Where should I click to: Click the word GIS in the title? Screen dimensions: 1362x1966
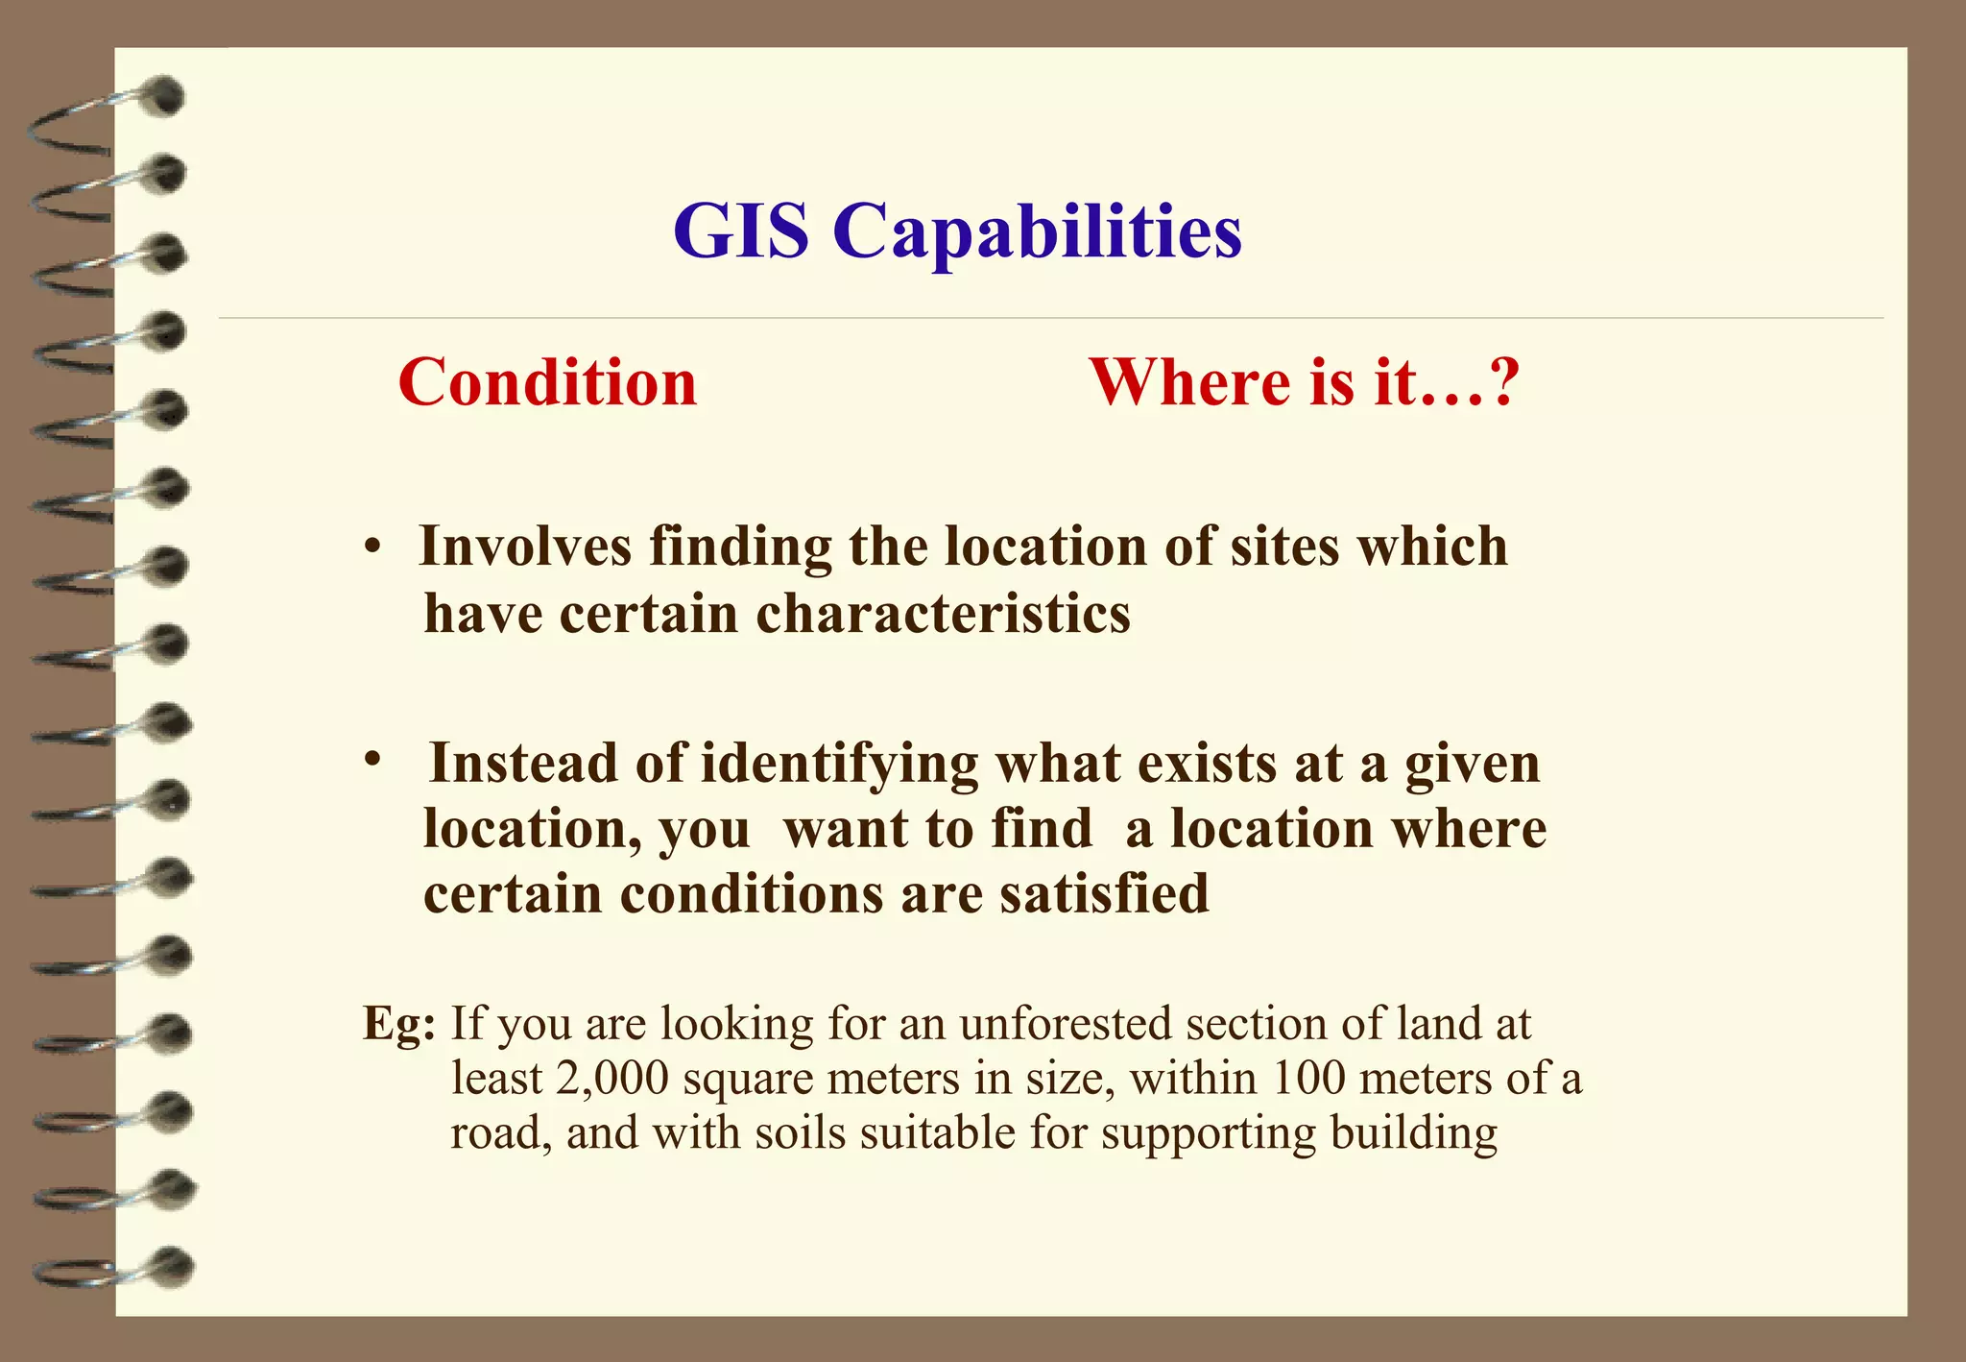tap(740, 231)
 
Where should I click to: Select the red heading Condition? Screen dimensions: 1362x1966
tap(547, 382)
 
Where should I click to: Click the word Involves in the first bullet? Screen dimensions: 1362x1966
tap(525, 547)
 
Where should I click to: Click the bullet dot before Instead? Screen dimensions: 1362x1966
tap(373, 760)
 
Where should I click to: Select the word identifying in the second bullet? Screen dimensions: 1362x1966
tap(840, 765)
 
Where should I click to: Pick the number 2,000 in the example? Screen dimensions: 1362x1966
tap(611, 1079)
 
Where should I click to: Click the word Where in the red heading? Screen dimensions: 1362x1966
tap(1190, 382)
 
